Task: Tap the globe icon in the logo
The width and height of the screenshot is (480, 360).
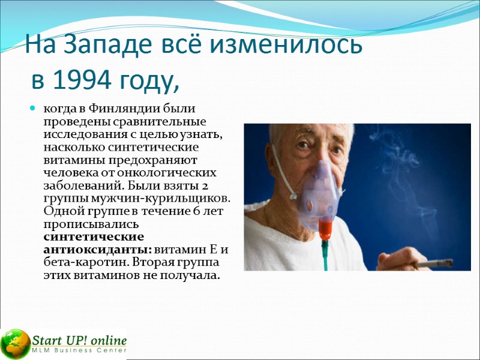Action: click(15, 343)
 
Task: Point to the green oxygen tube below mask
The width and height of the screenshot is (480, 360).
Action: click(326, 255)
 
